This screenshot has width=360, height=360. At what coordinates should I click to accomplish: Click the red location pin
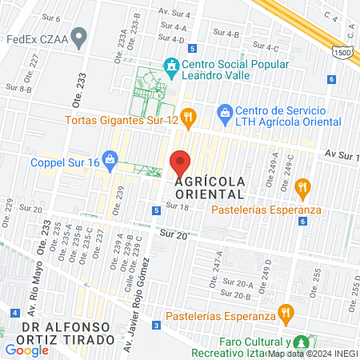(x=180, y=163)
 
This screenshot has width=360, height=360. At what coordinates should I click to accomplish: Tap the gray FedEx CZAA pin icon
(x=78, y=37)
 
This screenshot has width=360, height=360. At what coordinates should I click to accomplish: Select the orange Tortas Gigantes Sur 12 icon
(x=187, y=119)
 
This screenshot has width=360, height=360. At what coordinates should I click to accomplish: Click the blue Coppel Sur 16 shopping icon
(x=110, y=162)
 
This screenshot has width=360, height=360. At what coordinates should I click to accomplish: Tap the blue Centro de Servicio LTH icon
(x=226, y=113)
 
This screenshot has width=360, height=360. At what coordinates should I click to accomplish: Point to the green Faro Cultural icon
(x=301, y=342)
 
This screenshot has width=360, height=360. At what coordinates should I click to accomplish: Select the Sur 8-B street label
(x=18, y=89)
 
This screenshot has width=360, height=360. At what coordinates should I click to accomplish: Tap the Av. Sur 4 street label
(x=174, y=14)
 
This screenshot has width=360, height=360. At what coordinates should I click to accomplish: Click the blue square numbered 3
(x=157, y=326)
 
